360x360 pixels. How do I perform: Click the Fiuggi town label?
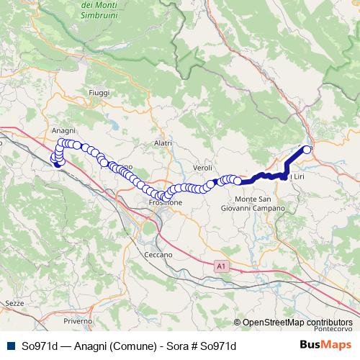tap(97, 93)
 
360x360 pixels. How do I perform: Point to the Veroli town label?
tap(202, 167)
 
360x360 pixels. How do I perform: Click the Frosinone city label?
tap(165, 203)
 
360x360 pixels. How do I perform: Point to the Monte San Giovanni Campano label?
tap(260, 203)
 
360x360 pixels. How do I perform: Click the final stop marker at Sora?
tap(307, 150)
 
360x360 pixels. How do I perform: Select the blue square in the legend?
tap(9, 346)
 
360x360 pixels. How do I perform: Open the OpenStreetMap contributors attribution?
tap(297, 322)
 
